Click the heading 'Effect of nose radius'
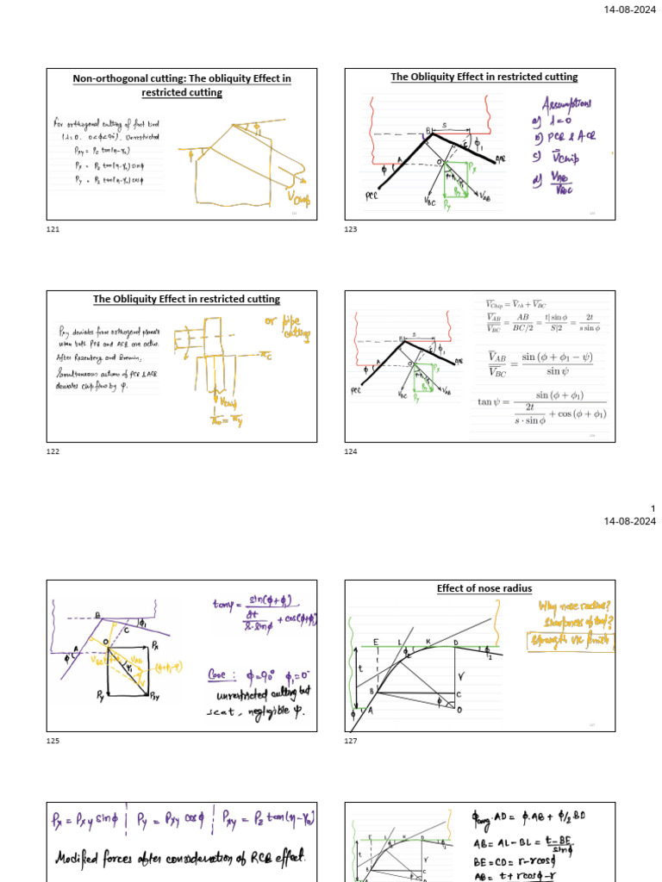(x=480, y=589)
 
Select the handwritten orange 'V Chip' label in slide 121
(x=300, y=197)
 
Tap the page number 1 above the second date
(x=653, y=508)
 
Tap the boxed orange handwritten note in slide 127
(x=571, y=640)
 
